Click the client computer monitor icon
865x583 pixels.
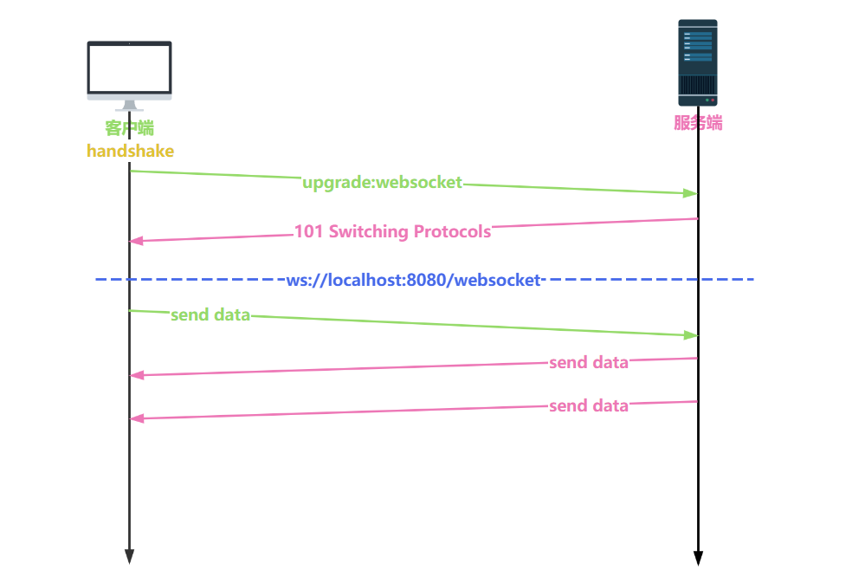point(129,70)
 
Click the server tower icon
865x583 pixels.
point(697,62)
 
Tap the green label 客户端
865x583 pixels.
point(129,128)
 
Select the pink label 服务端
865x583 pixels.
point(698,123)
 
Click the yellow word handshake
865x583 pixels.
point(130,151)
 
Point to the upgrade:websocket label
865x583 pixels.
point(382,183)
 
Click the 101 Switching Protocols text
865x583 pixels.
point(392,231)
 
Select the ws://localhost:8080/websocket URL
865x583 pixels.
point(413,280)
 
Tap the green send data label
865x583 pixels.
point(210,314)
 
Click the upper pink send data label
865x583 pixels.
point(589,362)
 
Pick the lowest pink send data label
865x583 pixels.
point(589,405)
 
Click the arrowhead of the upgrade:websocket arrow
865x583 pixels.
point(691,193)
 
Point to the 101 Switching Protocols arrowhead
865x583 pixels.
point(136,241)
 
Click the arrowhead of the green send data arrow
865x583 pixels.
point(691,334)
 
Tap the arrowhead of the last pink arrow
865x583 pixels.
point(136,418)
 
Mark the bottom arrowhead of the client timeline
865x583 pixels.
point(129,556)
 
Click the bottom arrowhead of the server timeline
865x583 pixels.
point(698,558)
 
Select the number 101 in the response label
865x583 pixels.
point(309,231)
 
